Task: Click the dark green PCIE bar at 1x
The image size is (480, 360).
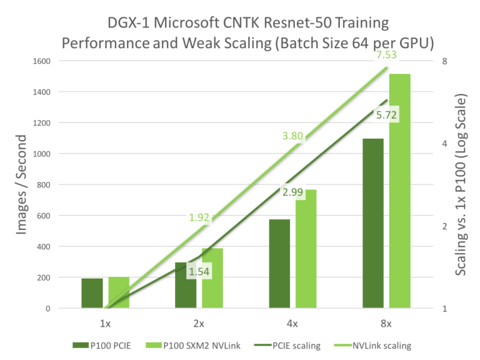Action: pos(92,293)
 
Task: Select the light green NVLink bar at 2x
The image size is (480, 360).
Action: pos(212,278)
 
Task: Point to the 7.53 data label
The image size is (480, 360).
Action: pos(387,56)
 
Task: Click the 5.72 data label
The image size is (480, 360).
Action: pos(387,115)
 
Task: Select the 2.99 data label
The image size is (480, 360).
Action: pos(292,192)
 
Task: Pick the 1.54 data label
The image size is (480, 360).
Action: pos(199,272)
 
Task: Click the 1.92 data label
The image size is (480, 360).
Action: pos(199,217)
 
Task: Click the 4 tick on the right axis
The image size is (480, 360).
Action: pos(443,144)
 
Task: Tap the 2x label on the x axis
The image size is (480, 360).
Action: pos(199,324)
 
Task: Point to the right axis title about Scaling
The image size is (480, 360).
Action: pos(462,184)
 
